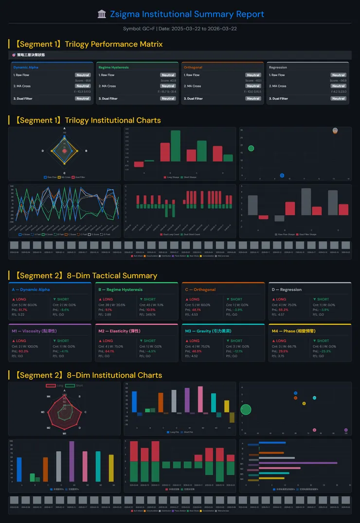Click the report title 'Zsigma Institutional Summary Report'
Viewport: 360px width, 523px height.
(187, 14)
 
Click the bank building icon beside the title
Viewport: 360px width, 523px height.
(102, 14)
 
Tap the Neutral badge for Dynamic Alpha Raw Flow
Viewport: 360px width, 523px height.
(83, 75)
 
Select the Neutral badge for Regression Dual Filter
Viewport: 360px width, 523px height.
(338, 99)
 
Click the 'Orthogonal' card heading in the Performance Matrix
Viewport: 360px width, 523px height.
(193, 68)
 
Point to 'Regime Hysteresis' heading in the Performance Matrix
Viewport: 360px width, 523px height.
(113, 68)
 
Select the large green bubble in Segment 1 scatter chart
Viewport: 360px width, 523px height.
(251, 148)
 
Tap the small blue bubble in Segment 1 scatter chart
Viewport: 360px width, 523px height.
(282, 175)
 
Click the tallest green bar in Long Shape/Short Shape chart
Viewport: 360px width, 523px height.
(176, 145)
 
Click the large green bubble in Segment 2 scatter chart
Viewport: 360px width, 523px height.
(246, 409)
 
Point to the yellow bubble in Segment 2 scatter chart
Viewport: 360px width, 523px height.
(304, 403)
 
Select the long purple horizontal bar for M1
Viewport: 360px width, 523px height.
(298, 463)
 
